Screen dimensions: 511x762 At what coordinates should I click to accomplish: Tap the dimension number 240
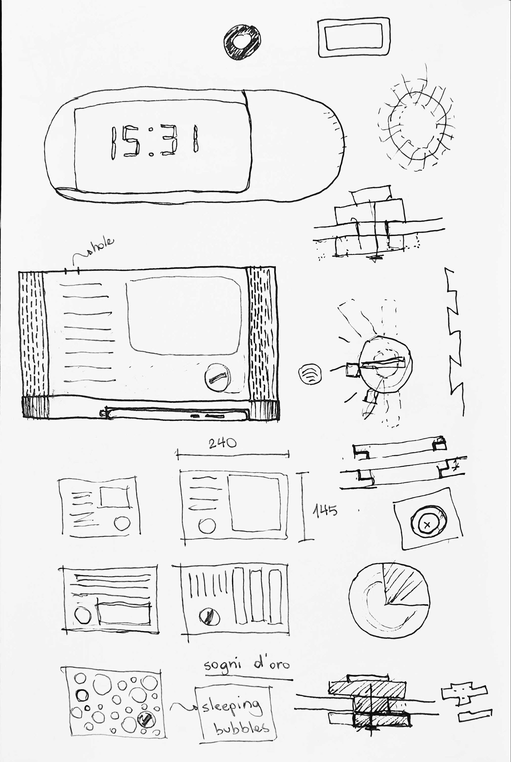pos(222,443)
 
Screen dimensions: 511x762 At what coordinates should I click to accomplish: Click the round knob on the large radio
pos(217,378)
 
